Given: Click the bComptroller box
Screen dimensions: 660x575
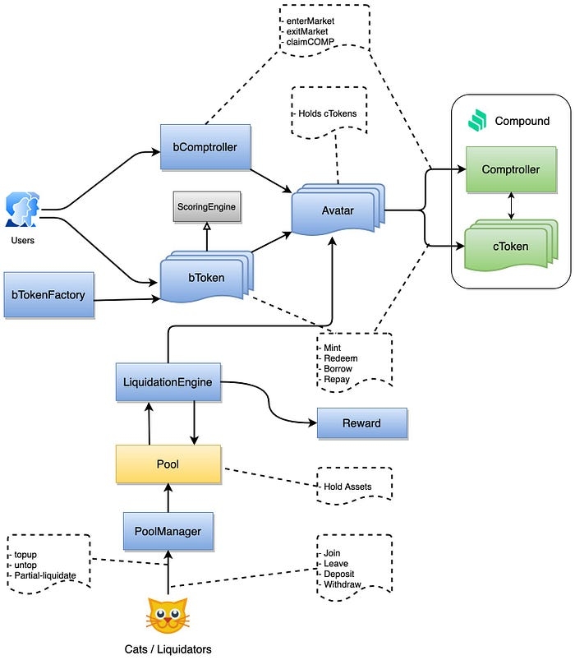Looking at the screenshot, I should pos(205,146).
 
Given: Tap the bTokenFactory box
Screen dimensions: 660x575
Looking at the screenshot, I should pos(48,293).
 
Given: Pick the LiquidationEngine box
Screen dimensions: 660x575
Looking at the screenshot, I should pos(168,381).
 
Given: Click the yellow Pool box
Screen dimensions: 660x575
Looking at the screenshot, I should pos(168,464).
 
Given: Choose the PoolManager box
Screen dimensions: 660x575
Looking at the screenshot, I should pos(168,531).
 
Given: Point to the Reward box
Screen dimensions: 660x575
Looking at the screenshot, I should pos(361,423).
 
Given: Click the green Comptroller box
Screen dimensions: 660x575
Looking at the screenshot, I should pos(510,170).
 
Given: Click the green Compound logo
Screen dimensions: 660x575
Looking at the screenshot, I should pos(476,121).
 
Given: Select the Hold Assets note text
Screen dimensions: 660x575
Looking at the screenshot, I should pos(347,487).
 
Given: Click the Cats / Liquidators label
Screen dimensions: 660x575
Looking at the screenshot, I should pos(168,649).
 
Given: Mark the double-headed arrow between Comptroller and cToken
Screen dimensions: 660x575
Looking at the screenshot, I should pos(511,205).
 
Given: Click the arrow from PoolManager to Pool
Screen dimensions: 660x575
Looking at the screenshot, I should pos(168,496).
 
